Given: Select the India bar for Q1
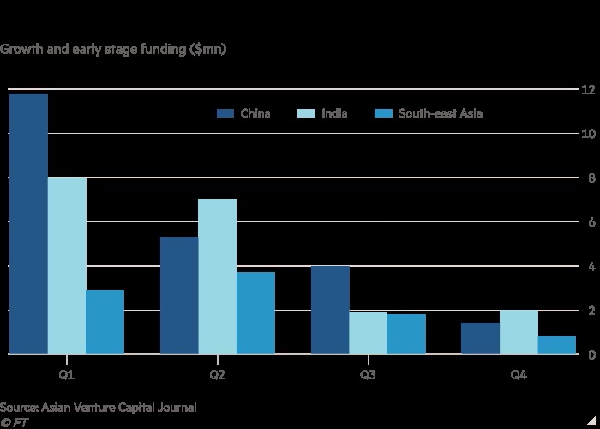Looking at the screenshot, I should (67, 266).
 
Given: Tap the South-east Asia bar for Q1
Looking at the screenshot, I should (105, 322).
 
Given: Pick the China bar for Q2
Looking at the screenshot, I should (179, 295).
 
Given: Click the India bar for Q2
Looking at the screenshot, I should (218, 276).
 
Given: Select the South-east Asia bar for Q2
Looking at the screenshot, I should (255, 312).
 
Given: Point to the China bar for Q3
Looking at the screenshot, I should (330, 310).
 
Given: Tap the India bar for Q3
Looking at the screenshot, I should (369, 333).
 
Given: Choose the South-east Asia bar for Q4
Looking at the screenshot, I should (557, 345).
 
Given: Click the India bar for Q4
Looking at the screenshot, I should (519, 332).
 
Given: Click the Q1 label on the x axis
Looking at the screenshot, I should (67, 376).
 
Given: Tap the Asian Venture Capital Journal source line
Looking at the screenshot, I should (99, 407).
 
